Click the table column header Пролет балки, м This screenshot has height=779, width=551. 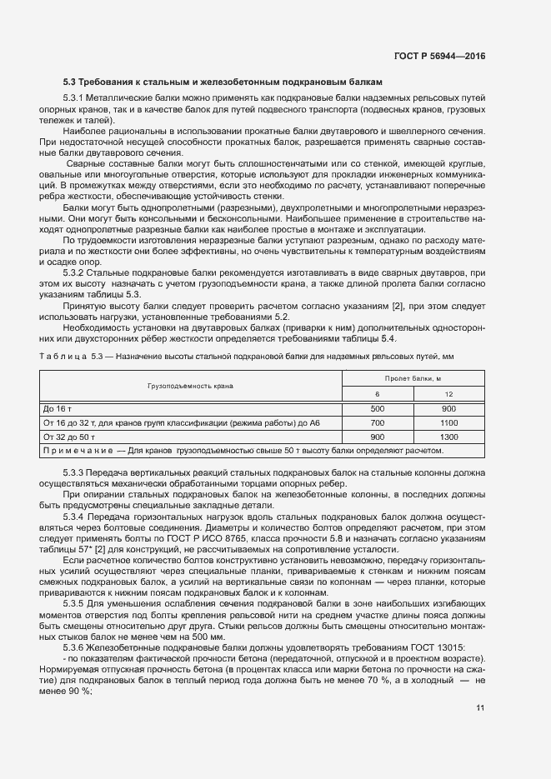(413, 378)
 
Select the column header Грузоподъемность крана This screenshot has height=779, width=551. (191, 386)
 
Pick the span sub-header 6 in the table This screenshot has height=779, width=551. (377, 394)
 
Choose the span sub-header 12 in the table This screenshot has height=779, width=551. (448, 394)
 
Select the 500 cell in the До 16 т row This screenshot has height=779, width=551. (377, 409)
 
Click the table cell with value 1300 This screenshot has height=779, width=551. (448, 437)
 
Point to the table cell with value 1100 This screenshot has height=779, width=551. (448, 423)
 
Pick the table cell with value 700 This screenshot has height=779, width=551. (377, 423)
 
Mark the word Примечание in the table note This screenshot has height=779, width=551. (78, 451)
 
